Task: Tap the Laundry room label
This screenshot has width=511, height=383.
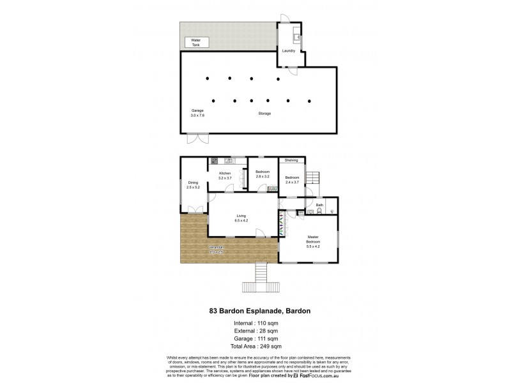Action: pos(287,51)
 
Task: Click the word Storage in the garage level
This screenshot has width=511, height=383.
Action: pos(264,114)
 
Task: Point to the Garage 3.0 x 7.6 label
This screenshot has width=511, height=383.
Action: pos(197,113)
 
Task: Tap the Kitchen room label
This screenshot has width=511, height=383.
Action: pos(225,176)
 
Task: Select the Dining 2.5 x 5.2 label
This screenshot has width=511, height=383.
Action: pos(193,185)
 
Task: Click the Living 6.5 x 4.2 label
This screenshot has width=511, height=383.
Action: pos(241,218)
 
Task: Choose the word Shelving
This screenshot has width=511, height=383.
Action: pos(291,160)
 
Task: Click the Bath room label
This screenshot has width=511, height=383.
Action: pos(319,205)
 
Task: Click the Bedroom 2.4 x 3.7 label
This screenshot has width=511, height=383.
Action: pos(292,179)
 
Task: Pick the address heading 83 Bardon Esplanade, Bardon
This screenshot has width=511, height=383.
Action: pos(255,311)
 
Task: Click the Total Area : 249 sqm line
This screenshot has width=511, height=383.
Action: pos(255,346)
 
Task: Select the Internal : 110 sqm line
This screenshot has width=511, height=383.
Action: pos(255,324)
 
